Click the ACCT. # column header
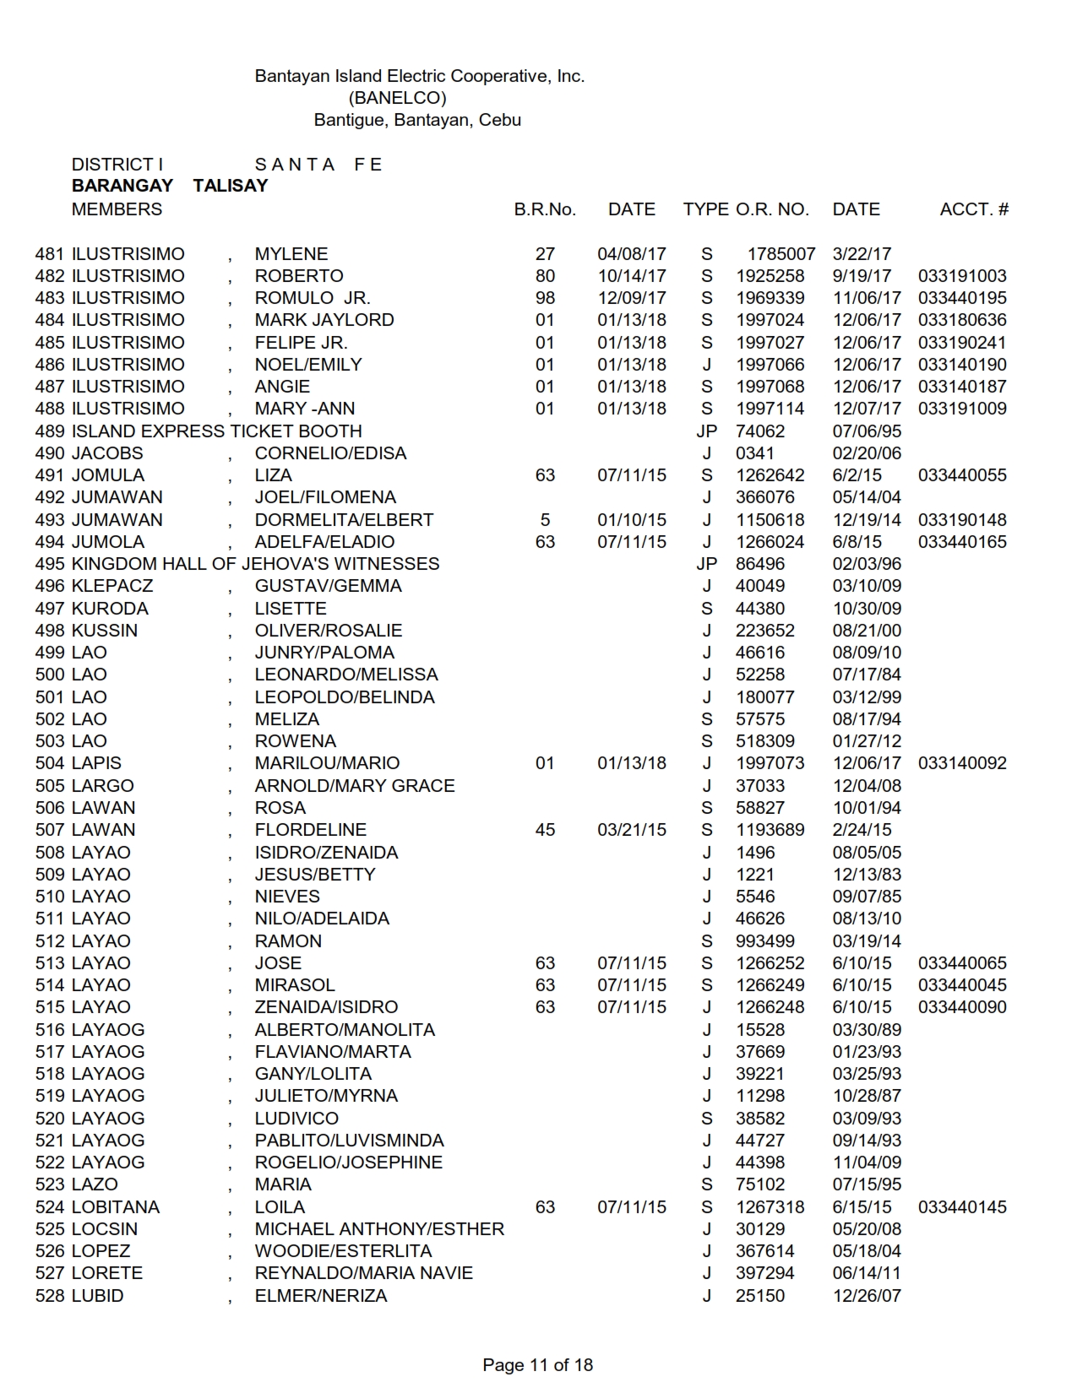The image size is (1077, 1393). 973,209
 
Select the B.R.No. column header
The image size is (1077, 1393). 545,209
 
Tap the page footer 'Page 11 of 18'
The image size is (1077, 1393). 537,1364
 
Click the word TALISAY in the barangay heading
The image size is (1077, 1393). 230,186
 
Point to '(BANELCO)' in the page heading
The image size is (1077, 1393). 397,98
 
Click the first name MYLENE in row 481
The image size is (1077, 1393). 291,254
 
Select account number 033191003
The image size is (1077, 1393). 962,276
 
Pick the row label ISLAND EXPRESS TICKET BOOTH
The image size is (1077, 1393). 216,431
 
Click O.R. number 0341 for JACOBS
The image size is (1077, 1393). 754,453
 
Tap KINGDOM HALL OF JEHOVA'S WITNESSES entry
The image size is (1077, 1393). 255,564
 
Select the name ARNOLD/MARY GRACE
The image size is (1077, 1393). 355,786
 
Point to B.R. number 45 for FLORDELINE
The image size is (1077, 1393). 545,830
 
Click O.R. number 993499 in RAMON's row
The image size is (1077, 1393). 765,941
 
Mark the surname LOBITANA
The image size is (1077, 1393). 116,1207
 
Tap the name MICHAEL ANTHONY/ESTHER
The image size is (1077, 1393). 379,1229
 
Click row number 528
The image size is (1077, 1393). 50,1296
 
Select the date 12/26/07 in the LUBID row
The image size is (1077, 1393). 867,1296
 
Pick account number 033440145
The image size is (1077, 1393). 962,1207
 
